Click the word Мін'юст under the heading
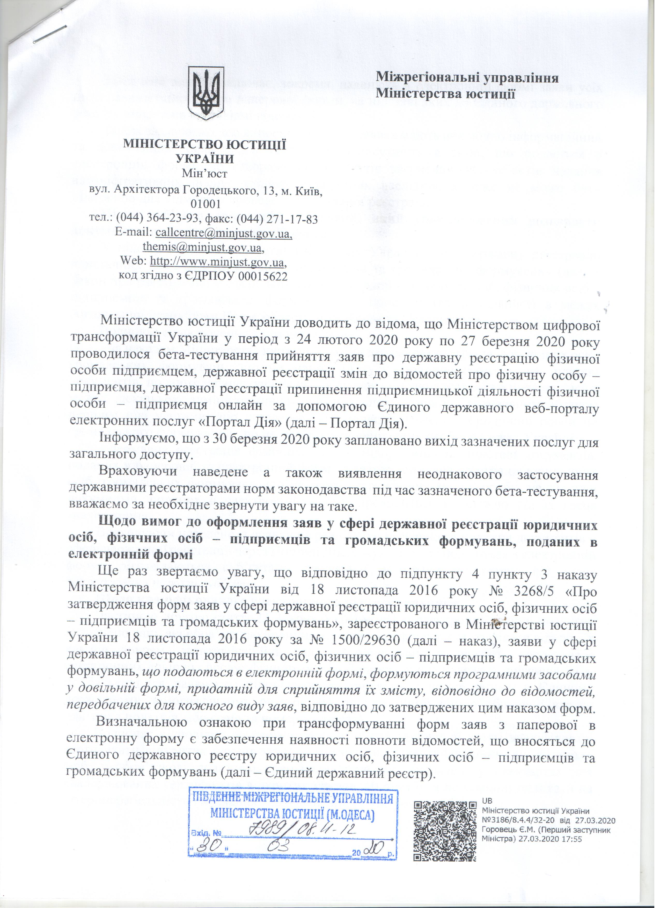click(204, 174)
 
